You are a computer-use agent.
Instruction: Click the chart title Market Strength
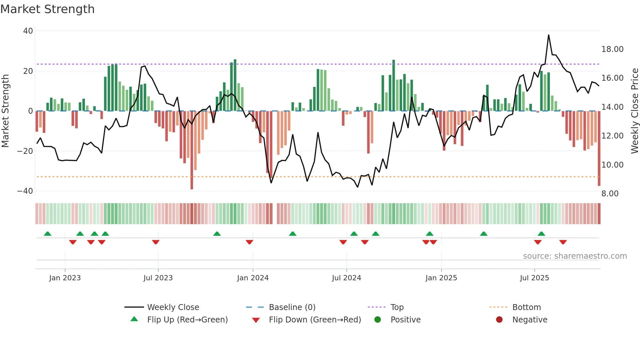(47, 9)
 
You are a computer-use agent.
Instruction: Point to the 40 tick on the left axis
(28, 31)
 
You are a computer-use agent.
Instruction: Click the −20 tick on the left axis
(25, 151)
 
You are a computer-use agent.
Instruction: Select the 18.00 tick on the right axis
(612, 49)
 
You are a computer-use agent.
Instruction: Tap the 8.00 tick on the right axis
(610, 194)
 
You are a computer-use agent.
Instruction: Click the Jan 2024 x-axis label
(253, 278)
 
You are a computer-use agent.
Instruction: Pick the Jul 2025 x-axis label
(534, 278)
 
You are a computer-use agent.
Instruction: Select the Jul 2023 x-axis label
(158, 278)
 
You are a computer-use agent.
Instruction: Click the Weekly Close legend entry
(173, 307)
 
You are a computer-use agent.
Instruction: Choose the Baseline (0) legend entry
(292, 307)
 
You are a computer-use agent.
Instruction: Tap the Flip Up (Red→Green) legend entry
(187, 320)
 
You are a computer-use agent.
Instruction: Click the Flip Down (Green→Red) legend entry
(315, 320)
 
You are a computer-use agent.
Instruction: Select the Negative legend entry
(529, 320)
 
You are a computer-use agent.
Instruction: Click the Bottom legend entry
(526, 307)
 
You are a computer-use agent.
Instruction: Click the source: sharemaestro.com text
(575, 256)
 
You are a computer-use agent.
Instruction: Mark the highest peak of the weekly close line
(549, 35)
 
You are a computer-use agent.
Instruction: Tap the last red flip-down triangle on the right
(563, 242)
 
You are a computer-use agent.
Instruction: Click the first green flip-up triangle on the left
(48, 234)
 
